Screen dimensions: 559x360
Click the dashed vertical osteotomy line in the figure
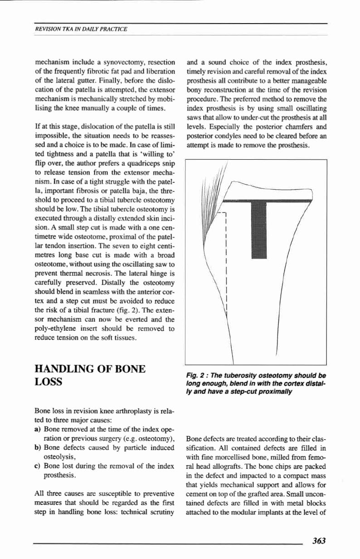pyautogui.click(x=225, y=259)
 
